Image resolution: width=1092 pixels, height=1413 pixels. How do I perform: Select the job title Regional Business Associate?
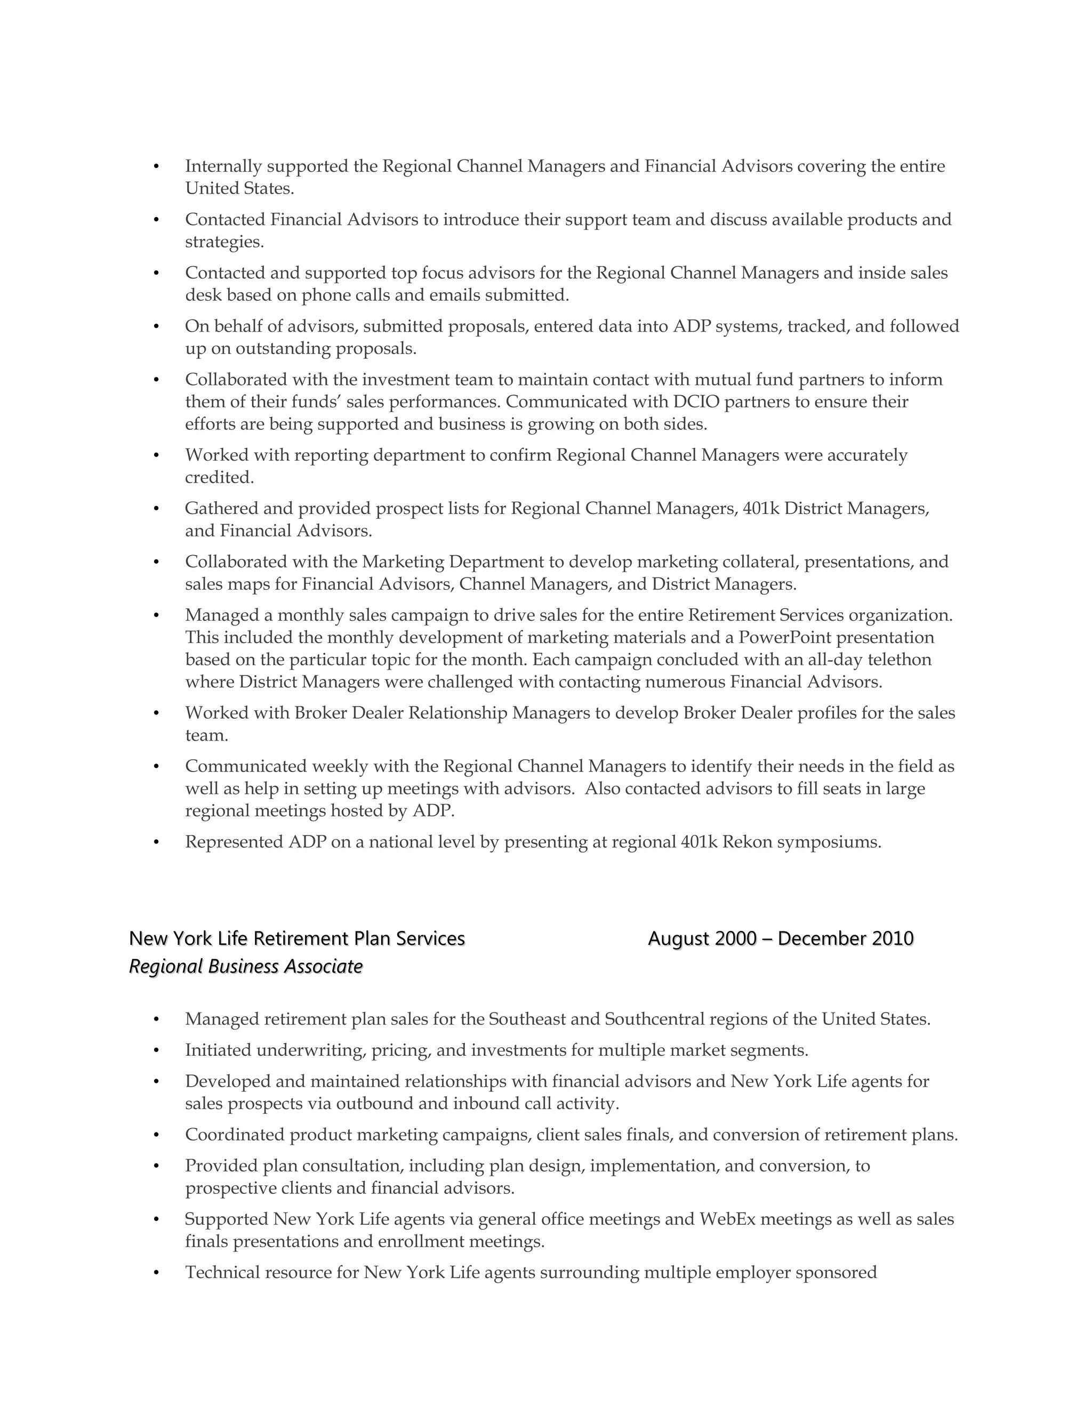click(x=246, y=967)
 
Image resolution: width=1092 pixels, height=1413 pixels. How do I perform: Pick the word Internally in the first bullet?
click(x=223, y=166)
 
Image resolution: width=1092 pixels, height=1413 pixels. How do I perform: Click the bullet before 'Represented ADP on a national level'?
click(x=156, y=842)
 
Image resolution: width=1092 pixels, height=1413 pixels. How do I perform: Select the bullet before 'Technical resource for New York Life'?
click(x=156, y=1273)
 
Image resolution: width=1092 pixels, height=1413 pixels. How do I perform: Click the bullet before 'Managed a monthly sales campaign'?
click(x=156, y=615)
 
